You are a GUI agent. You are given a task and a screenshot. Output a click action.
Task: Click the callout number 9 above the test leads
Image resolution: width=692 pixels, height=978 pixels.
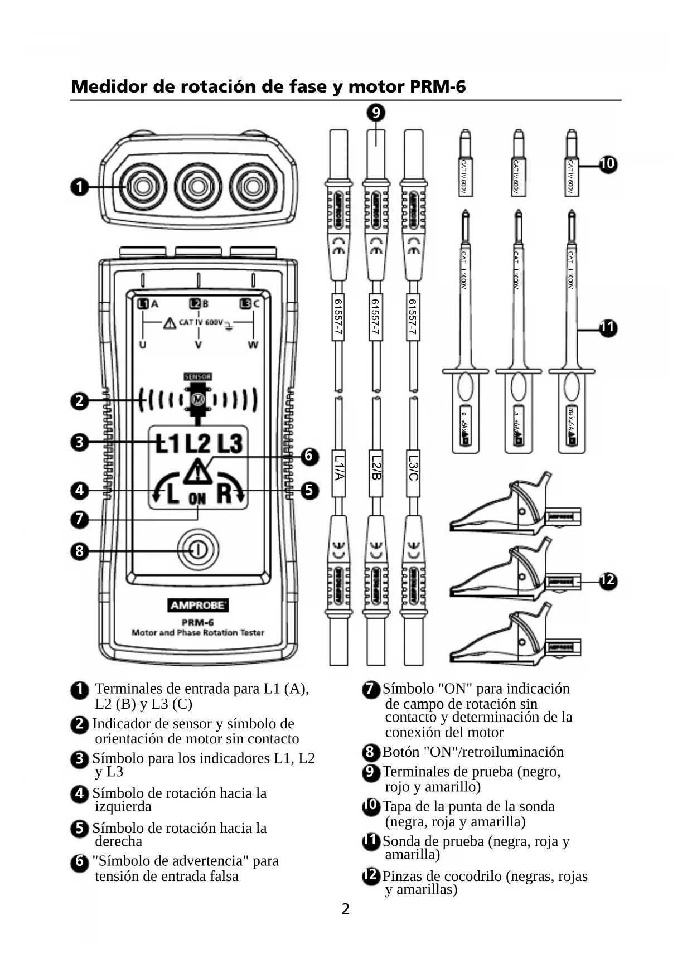point(376,113)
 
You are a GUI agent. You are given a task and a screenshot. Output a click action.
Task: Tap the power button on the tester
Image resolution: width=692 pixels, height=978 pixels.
point(197,550)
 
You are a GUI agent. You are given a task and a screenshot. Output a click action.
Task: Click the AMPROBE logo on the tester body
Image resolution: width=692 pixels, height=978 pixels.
point(198,606)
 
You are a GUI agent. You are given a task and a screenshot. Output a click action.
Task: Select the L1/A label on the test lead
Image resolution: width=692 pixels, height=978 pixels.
point(338,467)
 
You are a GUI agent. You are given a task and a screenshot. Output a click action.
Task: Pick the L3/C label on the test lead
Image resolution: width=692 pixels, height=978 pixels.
point(413,467)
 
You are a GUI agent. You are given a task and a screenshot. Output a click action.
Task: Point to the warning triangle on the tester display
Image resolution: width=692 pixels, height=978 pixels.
point(197,472)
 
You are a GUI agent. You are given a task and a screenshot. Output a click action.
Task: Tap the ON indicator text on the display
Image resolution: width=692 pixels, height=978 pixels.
point(197,499)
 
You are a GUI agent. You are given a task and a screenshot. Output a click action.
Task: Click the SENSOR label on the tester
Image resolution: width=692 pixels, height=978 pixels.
point(197,377)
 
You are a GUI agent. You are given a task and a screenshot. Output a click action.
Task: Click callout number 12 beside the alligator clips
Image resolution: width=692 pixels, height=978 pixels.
point(608,580)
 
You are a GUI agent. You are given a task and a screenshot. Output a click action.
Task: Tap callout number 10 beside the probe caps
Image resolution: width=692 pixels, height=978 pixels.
point(607,163)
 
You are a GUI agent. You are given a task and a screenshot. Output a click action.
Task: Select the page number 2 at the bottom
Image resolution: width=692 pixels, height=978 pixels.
point(346,909)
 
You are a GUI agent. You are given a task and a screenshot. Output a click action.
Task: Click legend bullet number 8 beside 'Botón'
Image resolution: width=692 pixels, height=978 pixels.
point(370,752)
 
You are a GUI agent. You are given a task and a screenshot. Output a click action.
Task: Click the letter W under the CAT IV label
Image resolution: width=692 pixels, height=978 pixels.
point(253,345)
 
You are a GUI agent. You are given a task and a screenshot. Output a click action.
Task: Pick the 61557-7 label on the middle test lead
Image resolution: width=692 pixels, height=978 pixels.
point(375,317)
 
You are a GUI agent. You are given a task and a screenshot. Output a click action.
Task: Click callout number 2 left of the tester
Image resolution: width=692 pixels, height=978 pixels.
point(80,400)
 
